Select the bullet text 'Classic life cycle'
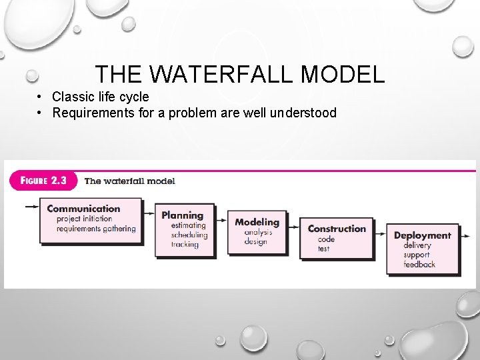[x=101, y=97]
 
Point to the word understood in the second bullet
[x=303, y=113]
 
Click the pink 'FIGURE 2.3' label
[x=43, y=181]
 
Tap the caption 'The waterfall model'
[x=129, y=181]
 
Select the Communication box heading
[x=83, y=209]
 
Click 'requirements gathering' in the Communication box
[x=96, y=229]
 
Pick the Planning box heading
[x=182, y=215]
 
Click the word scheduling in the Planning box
[x=189, y=235]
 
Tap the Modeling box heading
[x=257, y=222]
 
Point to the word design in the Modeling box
[x=255, y=241]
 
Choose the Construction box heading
[x=337, y=229]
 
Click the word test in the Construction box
[x=324, y=249]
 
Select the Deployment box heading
[x=422, y=235]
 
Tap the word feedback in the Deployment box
[x=419, y=265]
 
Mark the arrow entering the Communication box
[x=31, y=207]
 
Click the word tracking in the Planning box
[x=185, y=244]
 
